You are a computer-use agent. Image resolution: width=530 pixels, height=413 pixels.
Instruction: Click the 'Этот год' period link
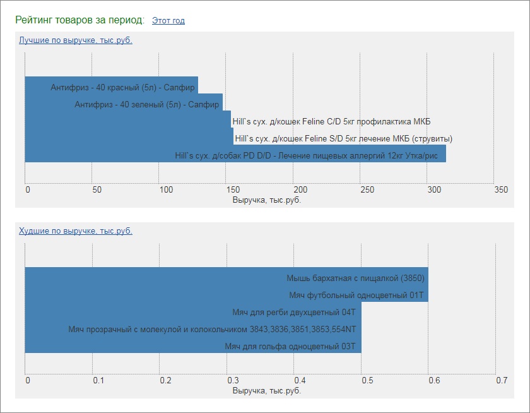pyautogui.click(x=168, y=21)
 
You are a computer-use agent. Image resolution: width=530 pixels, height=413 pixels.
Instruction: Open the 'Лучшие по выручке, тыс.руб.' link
pyautogui.click(x=76, y=40)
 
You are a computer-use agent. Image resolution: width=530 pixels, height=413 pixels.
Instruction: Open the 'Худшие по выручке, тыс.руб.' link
pyautogui.click(x=76, y=231)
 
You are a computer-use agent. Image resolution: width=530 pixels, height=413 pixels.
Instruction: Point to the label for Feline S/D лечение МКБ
pyautogui.click(x=343, y=138)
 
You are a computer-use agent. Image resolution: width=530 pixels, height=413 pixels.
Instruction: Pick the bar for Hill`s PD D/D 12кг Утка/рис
pyautogui.click(x=235, y=154)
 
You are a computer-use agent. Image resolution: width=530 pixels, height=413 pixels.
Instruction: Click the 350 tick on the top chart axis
pyautogui.click(x=500, y=190)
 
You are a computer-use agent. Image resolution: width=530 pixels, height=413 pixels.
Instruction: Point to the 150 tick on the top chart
pyautogui.click(x=232, y=190)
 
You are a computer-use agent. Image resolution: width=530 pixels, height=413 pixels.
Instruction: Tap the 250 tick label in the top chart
pyautogui.click(x=367, y=190)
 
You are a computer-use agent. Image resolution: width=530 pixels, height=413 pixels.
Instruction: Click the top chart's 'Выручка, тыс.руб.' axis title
pyautogui.click(x=267, y=200)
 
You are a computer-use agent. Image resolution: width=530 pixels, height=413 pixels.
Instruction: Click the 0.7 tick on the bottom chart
pyautogui.click(x=502, y=381)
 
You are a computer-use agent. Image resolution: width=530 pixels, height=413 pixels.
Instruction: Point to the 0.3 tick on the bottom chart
pyautogui.click(x=233, y=381)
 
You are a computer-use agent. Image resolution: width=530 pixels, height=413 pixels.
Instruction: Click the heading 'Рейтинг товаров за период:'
pyautogui.click(x=80, y=20)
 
